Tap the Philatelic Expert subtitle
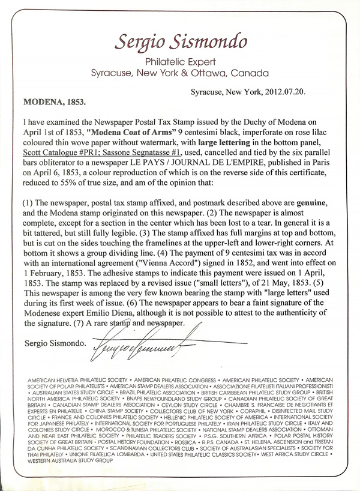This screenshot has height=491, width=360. pos(179,62)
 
